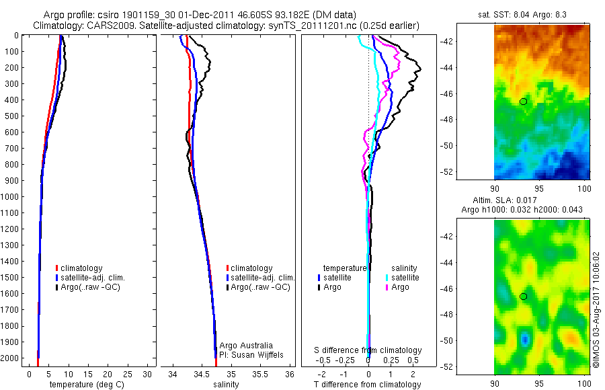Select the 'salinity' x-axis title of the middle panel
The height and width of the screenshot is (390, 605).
click(x=226, y=385)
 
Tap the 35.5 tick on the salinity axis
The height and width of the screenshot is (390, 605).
click(x=260, y=373)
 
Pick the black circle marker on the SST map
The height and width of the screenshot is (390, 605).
click(x=523, y=101)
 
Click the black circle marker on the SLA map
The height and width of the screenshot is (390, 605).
click(x=523, y=296)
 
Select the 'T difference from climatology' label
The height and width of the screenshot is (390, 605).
click(x=367, y=385)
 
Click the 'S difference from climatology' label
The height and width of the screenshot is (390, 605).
click(x=368, y=350)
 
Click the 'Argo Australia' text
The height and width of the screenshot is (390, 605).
click(x=247, y=345)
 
